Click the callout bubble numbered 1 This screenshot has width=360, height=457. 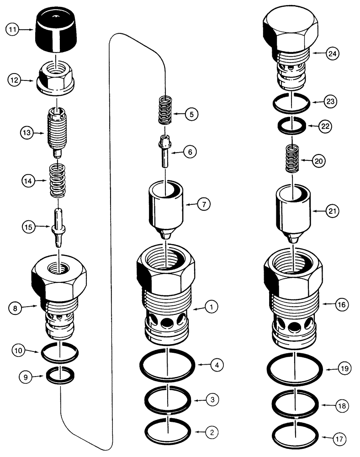[x=212, y=308]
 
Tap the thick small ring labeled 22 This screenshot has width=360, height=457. [x=292, y=125]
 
